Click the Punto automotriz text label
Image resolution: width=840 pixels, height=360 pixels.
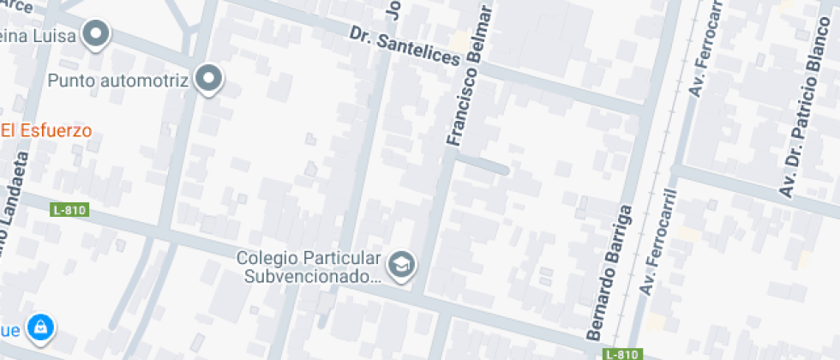pyautogui.click(x=118, y=81)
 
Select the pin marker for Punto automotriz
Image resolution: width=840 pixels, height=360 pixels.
pyautogui.click(x=208, y=80)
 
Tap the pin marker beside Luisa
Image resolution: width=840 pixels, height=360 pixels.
pyautogui.click(x=97, y=35)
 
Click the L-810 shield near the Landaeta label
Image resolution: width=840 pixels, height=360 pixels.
pyautogui.click(x=70, y=210)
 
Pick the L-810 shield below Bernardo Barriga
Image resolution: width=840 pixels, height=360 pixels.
pyautogui.click(x=621, y=354)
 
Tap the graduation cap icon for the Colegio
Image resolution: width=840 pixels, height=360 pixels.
pyautogui.click(x=400, y=267)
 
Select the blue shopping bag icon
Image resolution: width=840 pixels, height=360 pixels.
pyautogui.click(x=39, y=326)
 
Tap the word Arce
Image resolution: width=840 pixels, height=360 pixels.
pyautogui.click(x=19, y=7)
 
